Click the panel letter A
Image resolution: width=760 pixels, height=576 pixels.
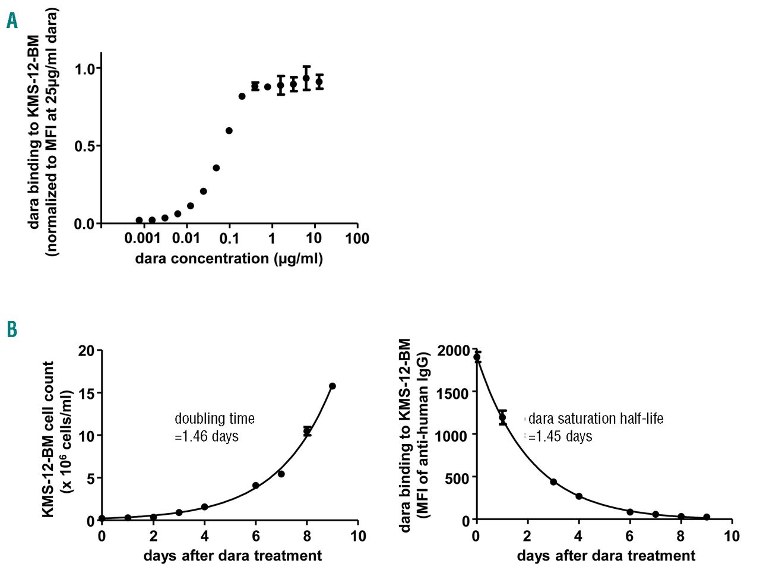(x=12, y=21)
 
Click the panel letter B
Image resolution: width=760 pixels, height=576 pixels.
(x=12, y=329)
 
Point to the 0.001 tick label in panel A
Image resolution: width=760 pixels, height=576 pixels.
(x=144, y=239)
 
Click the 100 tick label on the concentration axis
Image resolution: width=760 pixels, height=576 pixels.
(x=357, y=239)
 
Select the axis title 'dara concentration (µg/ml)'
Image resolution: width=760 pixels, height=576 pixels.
(x=229, y=259)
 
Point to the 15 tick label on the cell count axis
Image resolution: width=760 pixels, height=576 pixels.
(x=87, y=393)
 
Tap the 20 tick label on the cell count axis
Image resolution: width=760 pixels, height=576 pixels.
(x=87, y=351)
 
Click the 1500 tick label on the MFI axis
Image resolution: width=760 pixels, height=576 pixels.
(x=452, y=392)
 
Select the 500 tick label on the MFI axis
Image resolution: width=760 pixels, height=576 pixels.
(x=457, y=477)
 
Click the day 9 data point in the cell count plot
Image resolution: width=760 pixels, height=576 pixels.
(x=332, y=386)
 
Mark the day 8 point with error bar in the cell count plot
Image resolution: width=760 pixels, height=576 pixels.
(x=307, y=431)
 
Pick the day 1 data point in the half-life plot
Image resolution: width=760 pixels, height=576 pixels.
(x=502, y=417)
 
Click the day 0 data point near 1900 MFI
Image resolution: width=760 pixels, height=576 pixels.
(x=477, y=357)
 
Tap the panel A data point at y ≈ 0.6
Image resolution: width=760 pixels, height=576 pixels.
(x=229, y=131)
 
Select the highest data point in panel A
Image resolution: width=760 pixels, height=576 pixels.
(x=306, y=78)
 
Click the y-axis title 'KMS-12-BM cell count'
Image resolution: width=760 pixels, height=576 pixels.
(x=49, y=439)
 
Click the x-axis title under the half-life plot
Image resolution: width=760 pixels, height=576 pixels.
(x=606, y=556)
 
